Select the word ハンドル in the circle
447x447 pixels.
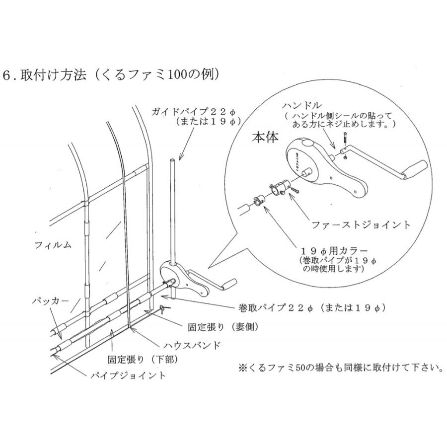(301, 106)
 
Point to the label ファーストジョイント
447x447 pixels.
(361, 225)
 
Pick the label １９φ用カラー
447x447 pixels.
(332, 250)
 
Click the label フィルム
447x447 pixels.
(53, 244)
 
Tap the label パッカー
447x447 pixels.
(48, 301)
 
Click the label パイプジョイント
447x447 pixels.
(128, 375)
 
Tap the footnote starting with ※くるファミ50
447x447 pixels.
(340, 369)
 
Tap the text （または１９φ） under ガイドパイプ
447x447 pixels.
(208, 121)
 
